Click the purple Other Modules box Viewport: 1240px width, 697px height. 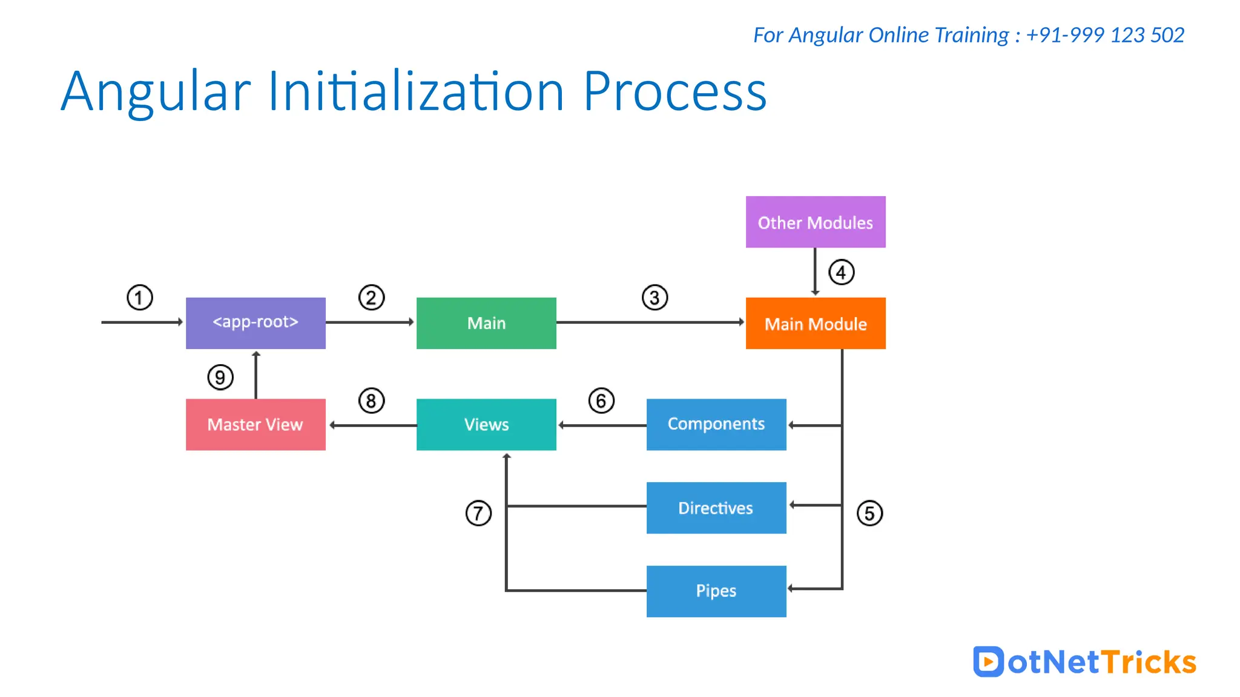coord(815,222)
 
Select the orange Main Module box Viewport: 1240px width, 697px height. coord(815,323)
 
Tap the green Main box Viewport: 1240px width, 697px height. coord(486,323)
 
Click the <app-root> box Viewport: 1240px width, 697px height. coord(256,322)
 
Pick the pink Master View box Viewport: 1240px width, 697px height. coord(256,424)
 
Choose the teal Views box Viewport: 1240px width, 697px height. coord(486,424)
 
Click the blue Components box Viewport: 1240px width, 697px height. coord(716,424)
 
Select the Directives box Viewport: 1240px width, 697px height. coord(716,508)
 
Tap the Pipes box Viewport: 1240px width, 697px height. coord(716,591)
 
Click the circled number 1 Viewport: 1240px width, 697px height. coord(139,298)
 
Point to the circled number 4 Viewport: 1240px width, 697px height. coord(841,272)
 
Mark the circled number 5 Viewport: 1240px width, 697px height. coord(869,513)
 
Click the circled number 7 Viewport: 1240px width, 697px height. coord(478,513)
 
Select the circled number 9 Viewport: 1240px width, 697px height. coord(220,378)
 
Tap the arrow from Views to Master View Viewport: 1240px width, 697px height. coord(372,425)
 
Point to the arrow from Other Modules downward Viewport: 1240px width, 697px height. coord(815,271)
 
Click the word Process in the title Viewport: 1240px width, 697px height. coord(674,92)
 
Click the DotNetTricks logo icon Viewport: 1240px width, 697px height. coord(988,661)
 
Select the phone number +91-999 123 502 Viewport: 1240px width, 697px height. coord(1105,35)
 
